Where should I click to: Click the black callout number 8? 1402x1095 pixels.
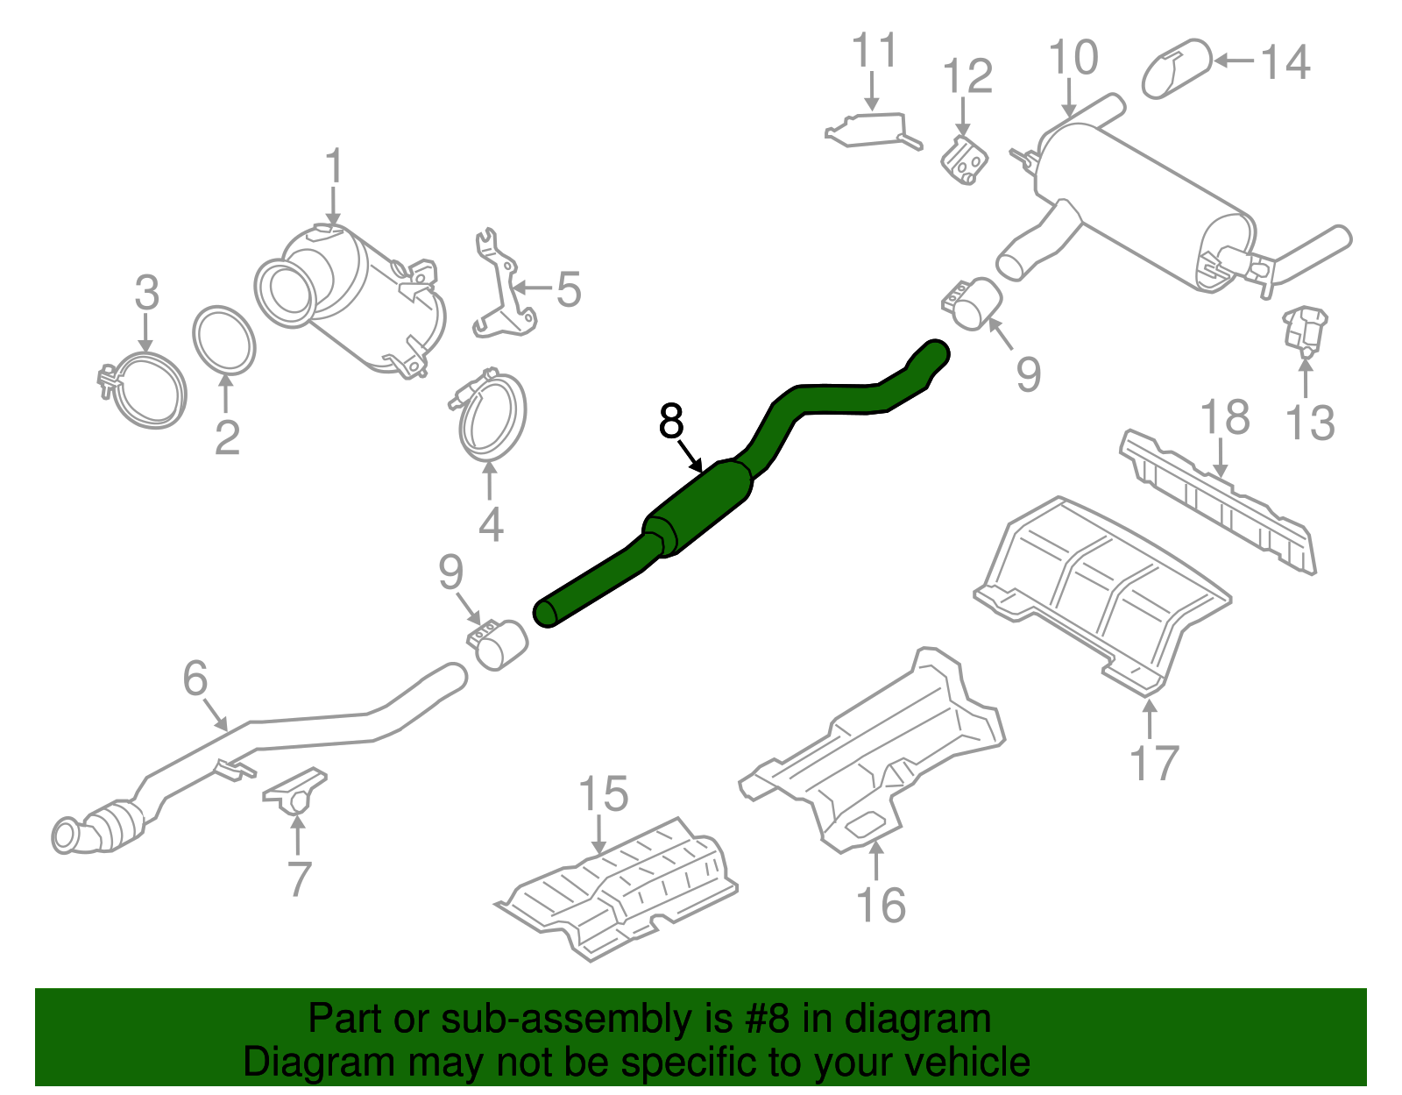point(670,422)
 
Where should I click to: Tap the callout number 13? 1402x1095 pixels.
point(1309,423)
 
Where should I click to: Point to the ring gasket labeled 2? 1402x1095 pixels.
point(224,340)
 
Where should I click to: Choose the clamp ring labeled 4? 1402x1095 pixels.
point(491,416)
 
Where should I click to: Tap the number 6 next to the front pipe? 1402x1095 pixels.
point(195,678)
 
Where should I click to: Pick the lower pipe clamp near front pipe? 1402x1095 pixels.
point(497,645)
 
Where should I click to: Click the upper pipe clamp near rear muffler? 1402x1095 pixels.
point(973,303)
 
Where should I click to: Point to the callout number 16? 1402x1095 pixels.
point(881,905)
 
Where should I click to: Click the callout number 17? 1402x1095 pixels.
point(1154,762)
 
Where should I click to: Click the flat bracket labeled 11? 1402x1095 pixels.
point(872,130)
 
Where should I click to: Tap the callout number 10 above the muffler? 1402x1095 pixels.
point(1073,59)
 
